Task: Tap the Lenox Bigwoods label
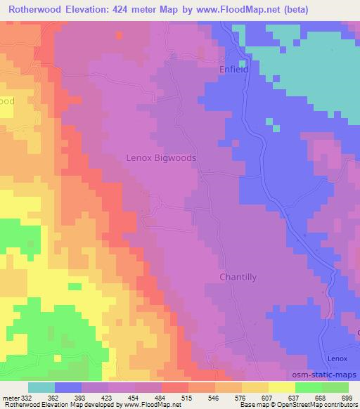tap(161, 158)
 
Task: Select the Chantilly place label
tap(231, 277)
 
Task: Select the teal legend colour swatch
tap(41, 387)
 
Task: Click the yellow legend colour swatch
tap(281, 387)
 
